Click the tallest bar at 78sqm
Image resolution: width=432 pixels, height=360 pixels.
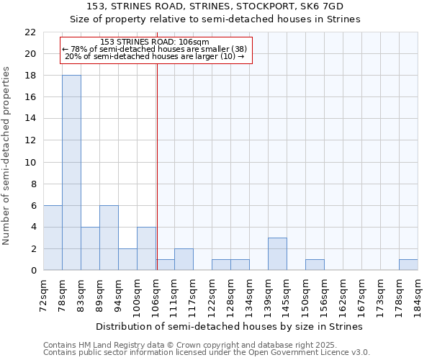tap(71, 173)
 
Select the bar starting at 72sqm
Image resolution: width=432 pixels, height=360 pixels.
tap(53, 238)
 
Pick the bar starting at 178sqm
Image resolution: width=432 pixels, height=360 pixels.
tap(408, 265)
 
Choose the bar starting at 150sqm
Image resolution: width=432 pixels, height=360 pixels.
tap(315, 265)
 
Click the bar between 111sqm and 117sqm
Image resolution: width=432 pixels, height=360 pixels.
tap(184, 259)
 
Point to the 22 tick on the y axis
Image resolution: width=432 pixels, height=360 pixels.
tap(30, 32)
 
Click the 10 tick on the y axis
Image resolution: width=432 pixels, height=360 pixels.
tap(30, 162)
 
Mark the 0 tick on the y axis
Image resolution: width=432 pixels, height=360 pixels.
tap(33, 271)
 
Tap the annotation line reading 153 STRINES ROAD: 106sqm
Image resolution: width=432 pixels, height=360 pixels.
tap(155, 42)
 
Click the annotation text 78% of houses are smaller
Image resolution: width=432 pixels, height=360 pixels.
tap(155, 49)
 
